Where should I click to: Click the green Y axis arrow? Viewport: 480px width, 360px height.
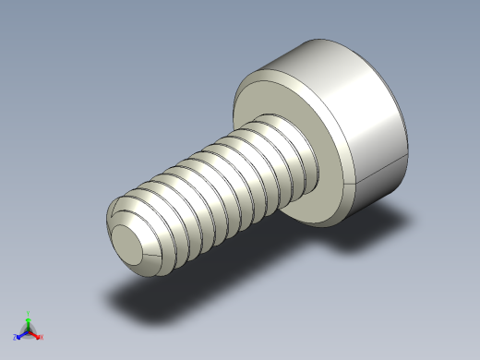point(29,322)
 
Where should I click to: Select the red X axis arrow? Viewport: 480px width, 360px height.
point(36,335)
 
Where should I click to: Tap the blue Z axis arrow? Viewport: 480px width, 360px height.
point(21,335)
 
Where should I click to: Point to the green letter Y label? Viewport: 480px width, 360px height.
point(29,314)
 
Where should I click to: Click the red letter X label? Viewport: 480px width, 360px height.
point(42,338)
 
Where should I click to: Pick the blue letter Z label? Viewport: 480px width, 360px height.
point(16,338)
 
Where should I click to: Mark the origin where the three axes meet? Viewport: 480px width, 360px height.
point(29,331)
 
